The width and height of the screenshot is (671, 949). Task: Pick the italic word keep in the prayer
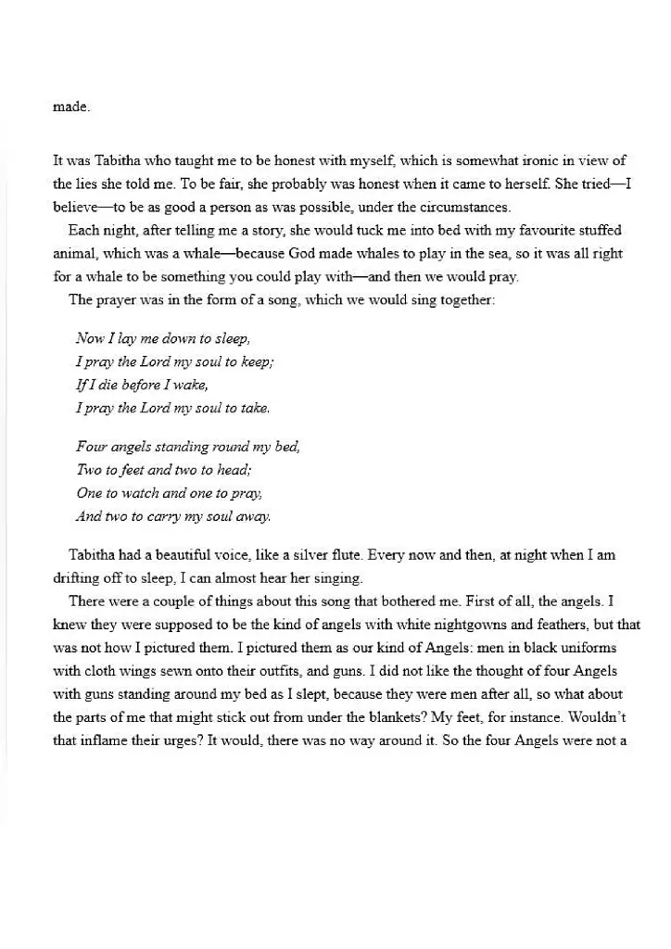(x=254, y=361)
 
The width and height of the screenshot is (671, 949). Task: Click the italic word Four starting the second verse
(x=92, y=446)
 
